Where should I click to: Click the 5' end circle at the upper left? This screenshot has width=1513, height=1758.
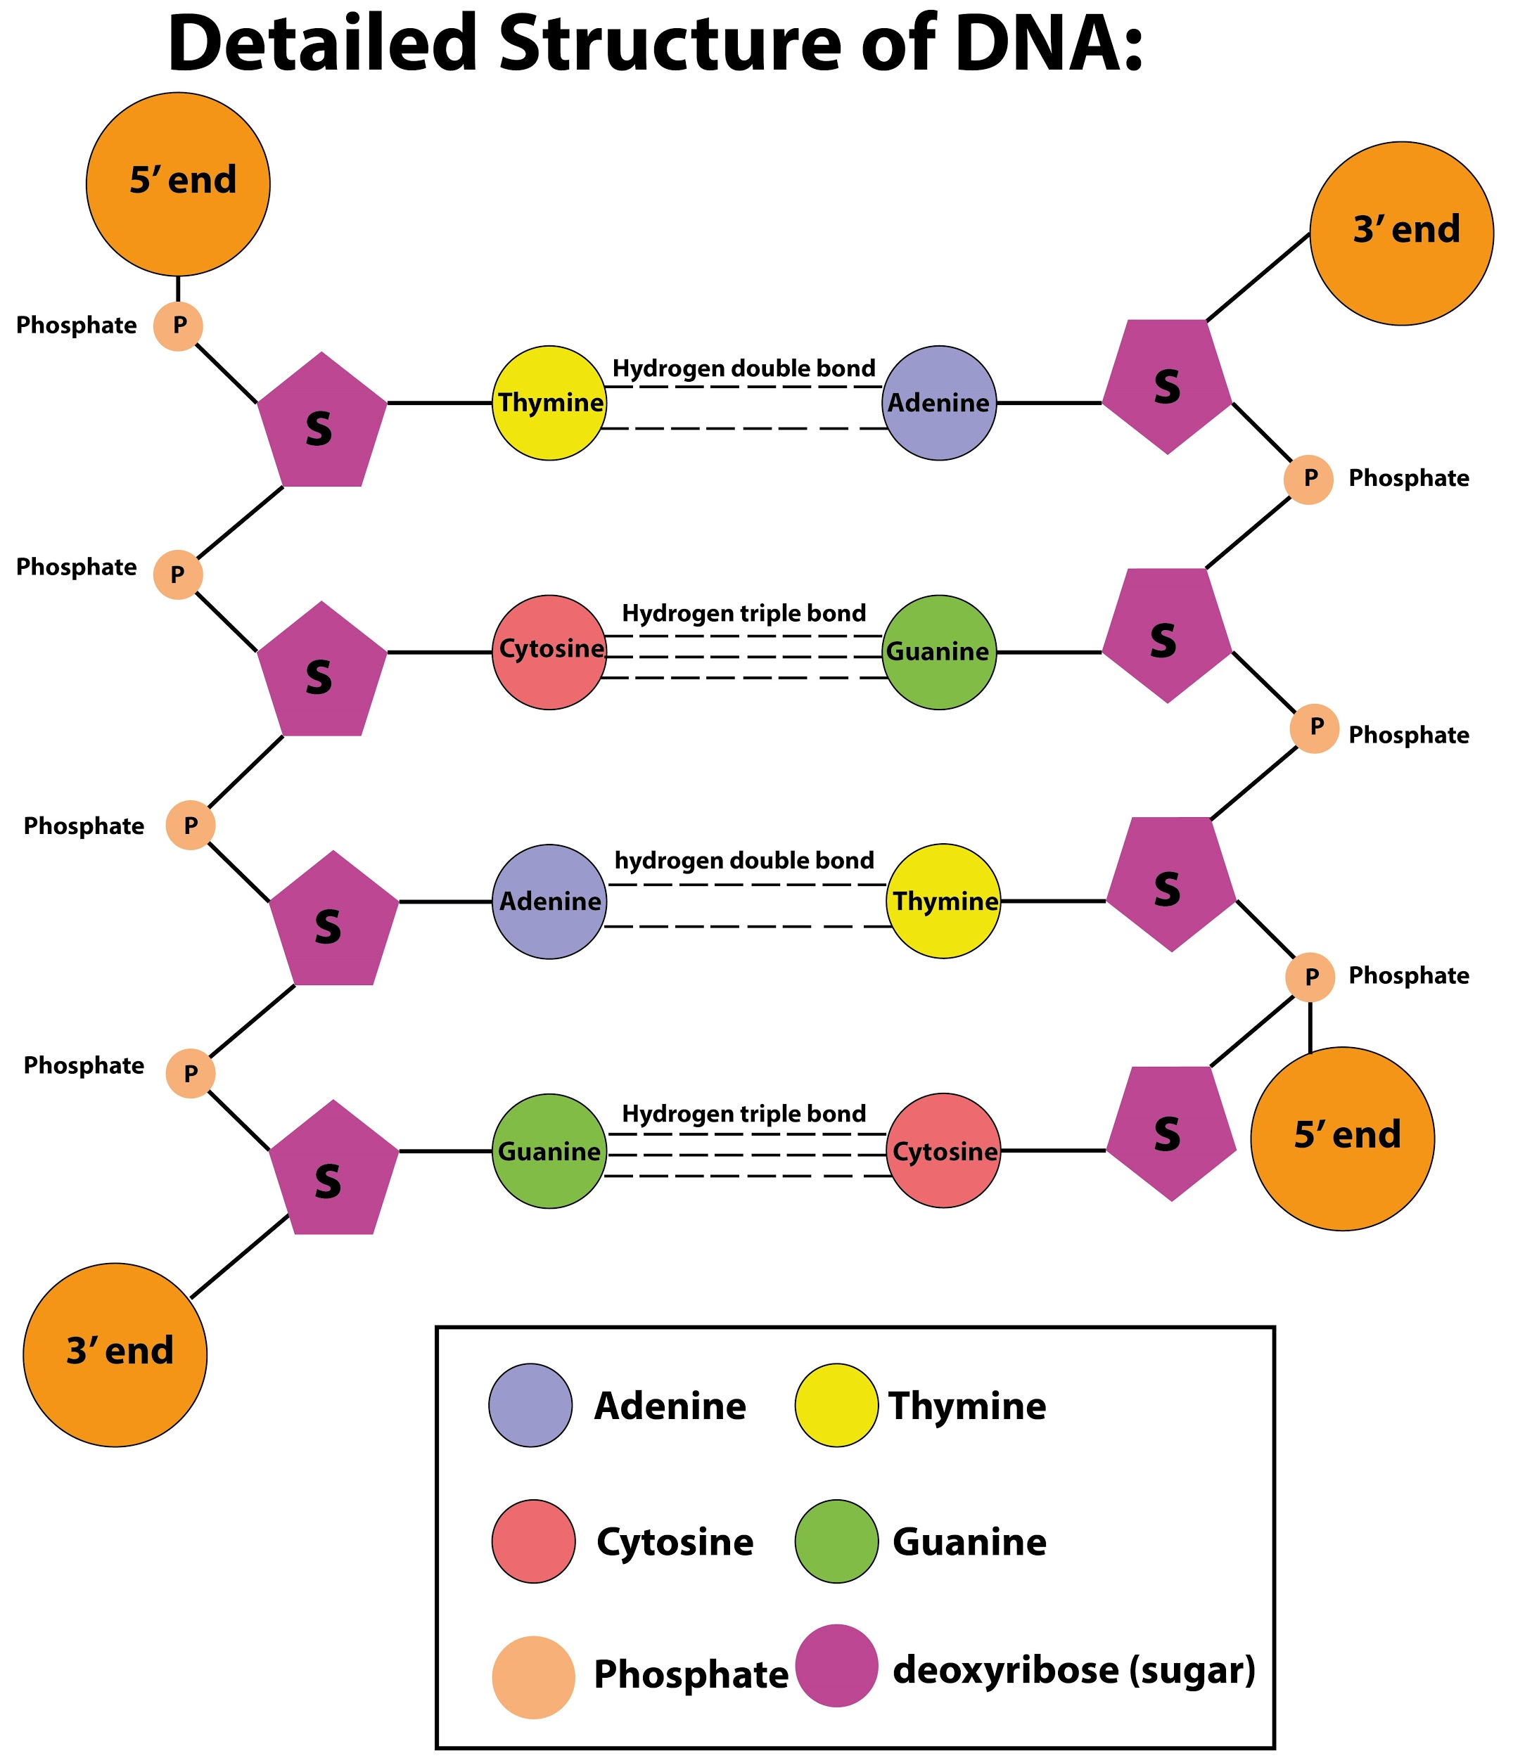[178, 184]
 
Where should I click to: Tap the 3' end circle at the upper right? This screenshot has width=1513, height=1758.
[1401, 233]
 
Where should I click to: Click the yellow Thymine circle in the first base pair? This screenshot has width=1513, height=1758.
[549, 403]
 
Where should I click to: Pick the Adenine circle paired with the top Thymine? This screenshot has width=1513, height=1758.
[938, 403]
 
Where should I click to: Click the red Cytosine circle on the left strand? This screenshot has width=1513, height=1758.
[549, 652]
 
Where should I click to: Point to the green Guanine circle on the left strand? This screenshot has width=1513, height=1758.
[549, 1150]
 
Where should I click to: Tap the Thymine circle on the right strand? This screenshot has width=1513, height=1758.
[943, 900]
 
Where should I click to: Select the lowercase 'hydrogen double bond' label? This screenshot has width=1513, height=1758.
[743, 860]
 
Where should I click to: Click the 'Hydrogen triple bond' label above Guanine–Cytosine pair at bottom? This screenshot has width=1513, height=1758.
[743, 1113]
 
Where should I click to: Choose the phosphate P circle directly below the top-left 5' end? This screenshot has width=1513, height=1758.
[178, 326]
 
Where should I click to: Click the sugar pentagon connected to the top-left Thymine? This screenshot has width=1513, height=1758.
[321, 423]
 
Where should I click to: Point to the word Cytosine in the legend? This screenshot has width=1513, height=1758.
[675, 1541]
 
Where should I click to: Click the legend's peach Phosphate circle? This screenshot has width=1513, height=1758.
[533, 1676]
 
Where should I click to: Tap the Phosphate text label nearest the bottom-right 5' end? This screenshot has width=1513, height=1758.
[1409, 976]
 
